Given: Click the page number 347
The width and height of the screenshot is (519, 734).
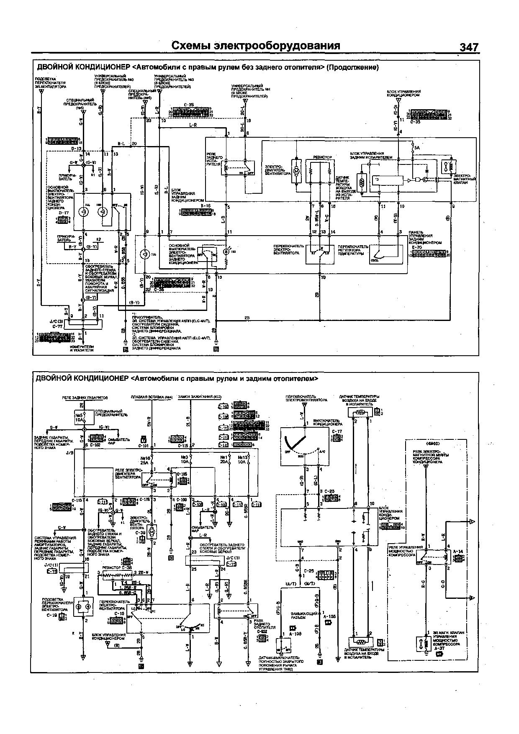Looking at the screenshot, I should [468, 47].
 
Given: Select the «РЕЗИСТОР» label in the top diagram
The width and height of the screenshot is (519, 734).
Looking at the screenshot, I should [323, 157].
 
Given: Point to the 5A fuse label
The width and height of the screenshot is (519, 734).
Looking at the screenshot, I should [416, 148].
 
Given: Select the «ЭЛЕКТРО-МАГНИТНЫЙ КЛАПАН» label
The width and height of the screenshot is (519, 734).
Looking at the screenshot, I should [462, 177].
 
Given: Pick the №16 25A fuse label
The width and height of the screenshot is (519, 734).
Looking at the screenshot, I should [145, 460].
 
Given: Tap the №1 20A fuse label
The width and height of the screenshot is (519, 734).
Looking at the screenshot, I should [224, 460].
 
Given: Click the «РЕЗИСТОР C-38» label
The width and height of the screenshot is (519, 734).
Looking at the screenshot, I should [113, 567].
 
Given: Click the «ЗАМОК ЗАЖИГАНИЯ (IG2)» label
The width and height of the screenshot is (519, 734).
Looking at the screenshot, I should [200, 396].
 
